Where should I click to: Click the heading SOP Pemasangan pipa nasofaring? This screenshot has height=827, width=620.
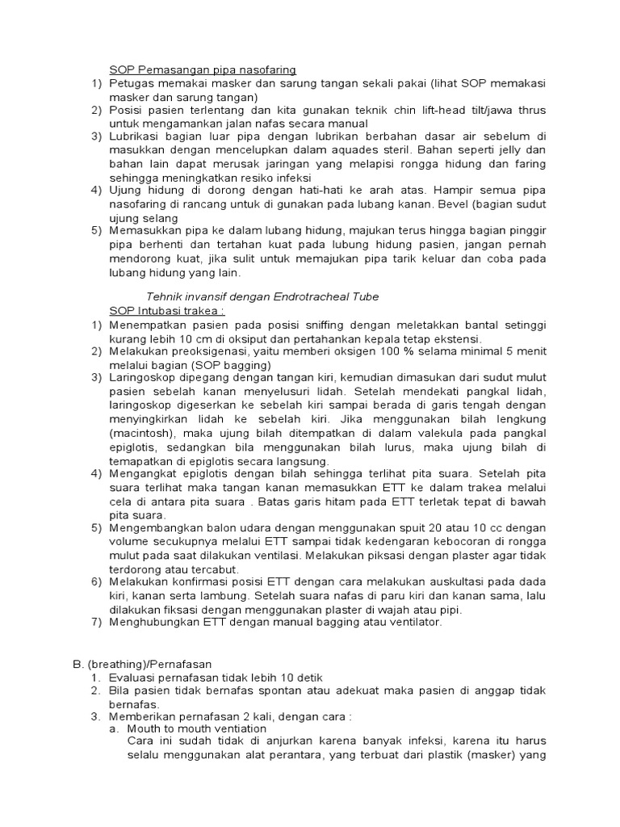pyautogui.click(x=203, y=69)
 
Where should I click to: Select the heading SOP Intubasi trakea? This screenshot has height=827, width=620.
pyautogui.click(x=167, y=310)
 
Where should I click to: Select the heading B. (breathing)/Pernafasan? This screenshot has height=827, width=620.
pyautogui.click(x=142, y=663)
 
